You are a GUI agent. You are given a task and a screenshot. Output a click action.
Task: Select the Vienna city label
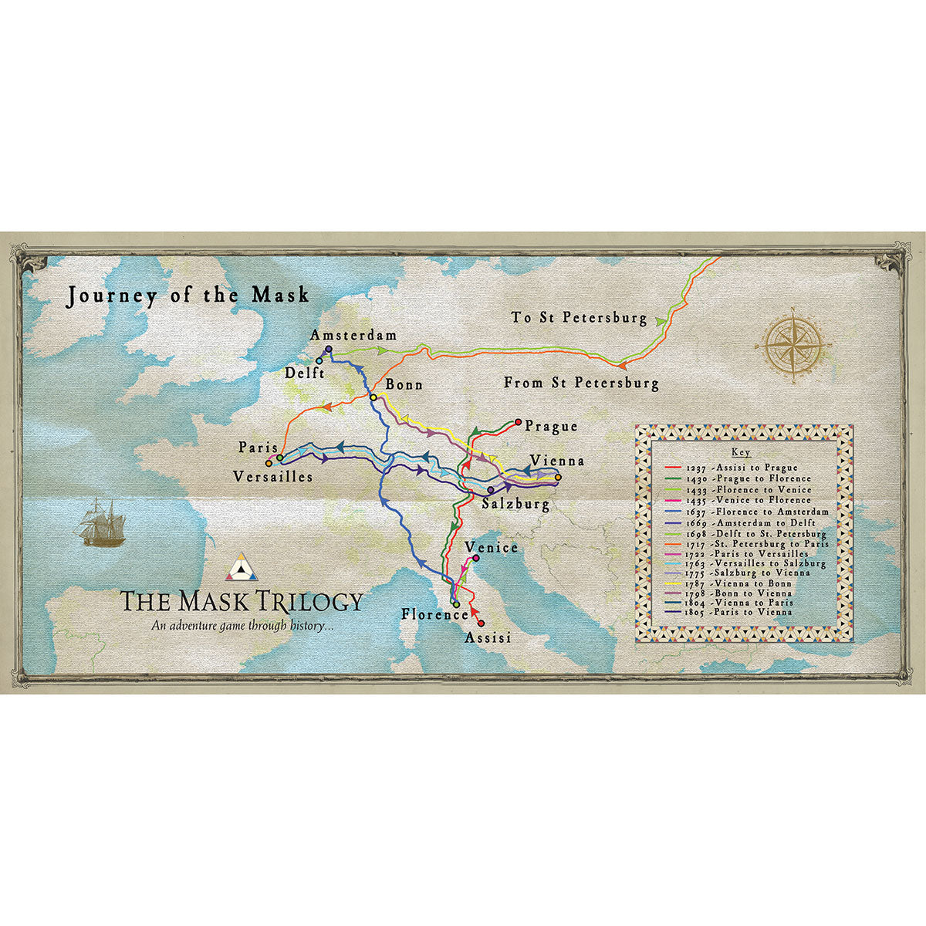(556, 461)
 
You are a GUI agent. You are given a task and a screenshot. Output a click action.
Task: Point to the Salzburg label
(515, 505)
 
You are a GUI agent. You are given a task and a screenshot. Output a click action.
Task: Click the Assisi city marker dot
(482, 624)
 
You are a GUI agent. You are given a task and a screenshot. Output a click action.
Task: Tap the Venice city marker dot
(475, 558)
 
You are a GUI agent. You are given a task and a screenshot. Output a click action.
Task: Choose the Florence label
(434, 615)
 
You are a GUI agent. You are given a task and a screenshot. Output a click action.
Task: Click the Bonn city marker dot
(373, 397)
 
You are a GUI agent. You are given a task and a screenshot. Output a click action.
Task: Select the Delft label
(304, 373)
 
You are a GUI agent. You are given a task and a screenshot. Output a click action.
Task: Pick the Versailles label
(273, 477)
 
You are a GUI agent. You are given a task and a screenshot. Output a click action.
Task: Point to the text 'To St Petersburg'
(579, 318)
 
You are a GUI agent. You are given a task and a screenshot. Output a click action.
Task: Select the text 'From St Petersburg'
(581, 383)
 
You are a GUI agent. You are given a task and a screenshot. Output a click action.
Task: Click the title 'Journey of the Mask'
(188, 296)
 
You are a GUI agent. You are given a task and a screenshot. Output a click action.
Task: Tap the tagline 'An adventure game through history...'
(242, 626)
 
